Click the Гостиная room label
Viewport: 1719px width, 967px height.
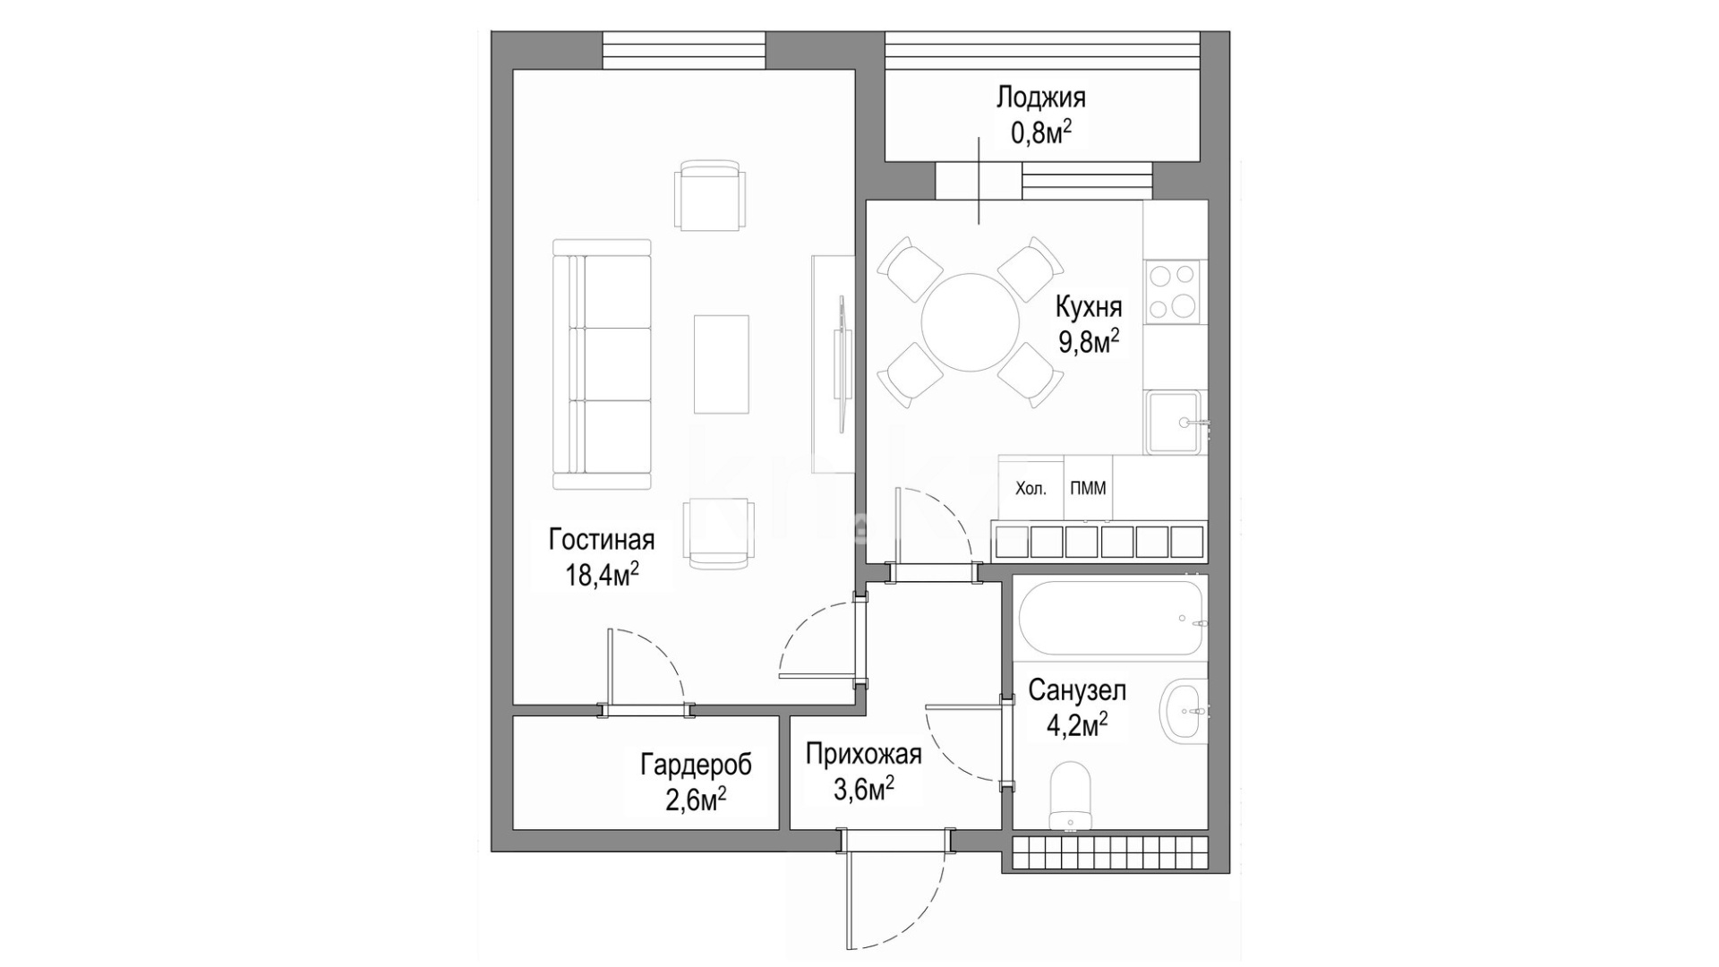[602, 541]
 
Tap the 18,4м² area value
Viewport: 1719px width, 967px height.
[602, 574]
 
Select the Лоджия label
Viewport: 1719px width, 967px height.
[1041, 98]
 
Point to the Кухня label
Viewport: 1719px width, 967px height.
[1089, 308]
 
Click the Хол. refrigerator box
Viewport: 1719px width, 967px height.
[1031, 488]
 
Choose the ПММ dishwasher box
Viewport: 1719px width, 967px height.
[1088, 488]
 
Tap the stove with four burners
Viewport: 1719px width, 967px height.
[1173, 290]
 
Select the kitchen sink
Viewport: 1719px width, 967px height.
[1175, 422]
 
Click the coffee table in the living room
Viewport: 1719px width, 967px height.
[722, 364]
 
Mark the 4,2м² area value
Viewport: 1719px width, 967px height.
[1077, 724]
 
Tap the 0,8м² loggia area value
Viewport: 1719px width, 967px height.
[1041, 133]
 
